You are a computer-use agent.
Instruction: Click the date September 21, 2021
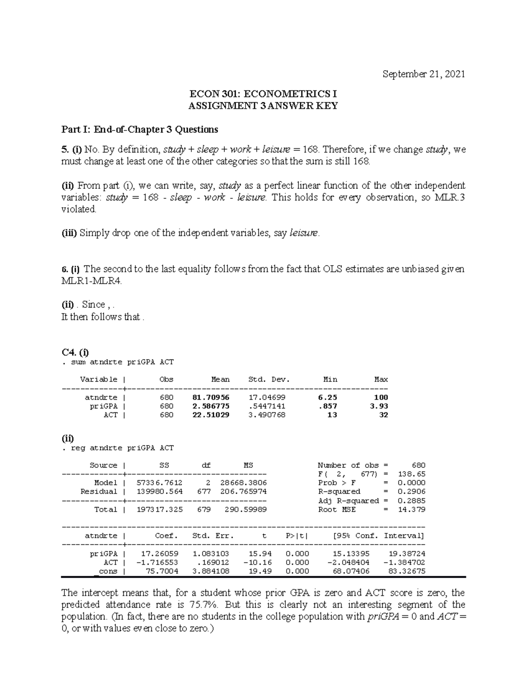click(x=424, y=75)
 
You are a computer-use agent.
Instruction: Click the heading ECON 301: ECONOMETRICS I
click(x=263, y=94)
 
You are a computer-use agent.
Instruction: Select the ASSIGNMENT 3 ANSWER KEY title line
click(x=263, y=106)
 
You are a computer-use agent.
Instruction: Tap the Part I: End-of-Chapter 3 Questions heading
click(x=139, y=130)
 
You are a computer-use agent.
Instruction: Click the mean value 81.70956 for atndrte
click(x=211, y=397)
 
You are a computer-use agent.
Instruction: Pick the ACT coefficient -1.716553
click(x=157, y=562)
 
